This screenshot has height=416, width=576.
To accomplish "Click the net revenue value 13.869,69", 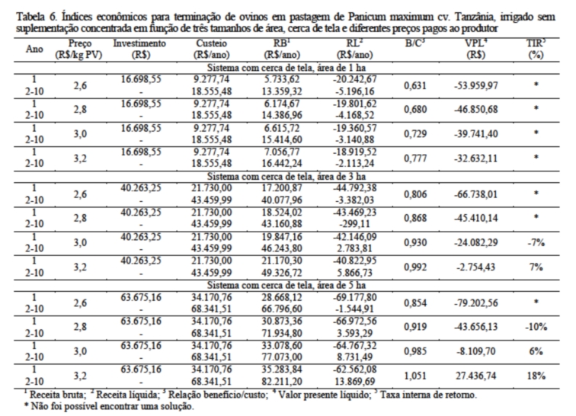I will tap(354, 381).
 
